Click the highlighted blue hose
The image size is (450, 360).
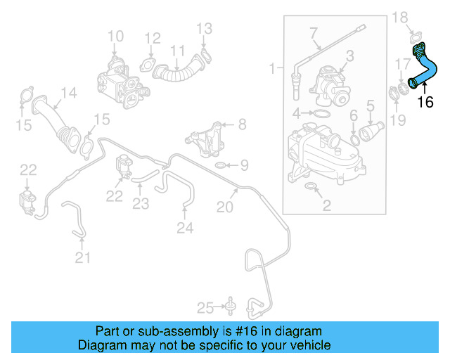[426, 70]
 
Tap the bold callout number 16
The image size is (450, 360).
[425, 103]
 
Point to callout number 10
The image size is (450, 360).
[115, 35]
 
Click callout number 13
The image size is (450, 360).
[204, 28]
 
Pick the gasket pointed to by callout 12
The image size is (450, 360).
[150, 67]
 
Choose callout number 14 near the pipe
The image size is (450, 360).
[68, 92]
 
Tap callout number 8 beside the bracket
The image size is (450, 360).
[242, 124]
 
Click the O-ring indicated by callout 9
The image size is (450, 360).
[220, 166]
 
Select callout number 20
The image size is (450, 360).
[224, 207]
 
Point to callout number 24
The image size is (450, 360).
[184, 227]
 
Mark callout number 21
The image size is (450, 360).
[83, 258]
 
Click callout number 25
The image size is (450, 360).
[205, 307]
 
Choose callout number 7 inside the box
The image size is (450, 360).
[314, 32]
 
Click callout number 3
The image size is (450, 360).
[349, 55]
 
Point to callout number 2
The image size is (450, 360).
[326, 205]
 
